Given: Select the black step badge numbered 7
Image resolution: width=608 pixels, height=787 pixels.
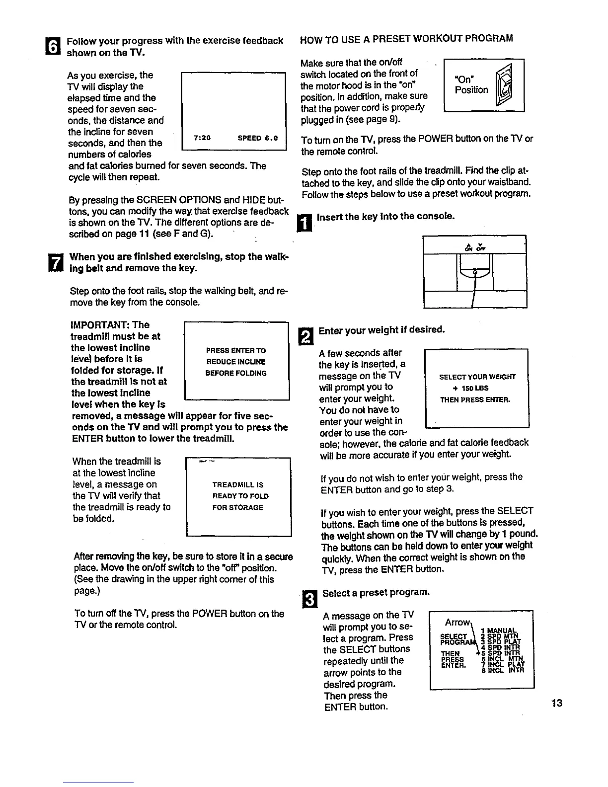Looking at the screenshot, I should [58, 263].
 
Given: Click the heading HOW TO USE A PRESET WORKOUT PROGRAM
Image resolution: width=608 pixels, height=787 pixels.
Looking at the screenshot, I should [407, 38].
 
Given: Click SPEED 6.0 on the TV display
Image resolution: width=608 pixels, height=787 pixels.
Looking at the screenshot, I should [258, 138].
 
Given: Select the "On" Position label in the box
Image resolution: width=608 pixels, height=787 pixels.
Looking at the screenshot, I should [471, 85].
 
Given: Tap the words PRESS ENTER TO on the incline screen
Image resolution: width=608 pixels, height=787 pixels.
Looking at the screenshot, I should [236, 350].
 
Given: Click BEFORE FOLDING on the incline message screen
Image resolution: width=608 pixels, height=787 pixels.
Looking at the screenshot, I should [236, 373].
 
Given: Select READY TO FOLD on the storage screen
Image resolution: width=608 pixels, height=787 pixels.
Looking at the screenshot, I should [240, 496].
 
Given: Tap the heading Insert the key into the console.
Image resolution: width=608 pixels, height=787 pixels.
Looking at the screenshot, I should [385, 217].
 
